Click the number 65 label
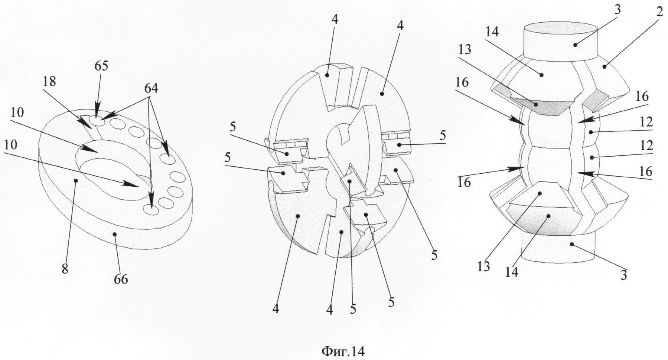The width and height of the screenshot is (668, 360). coord(101,66)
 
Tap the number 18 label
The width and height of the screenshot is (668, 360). coord(49,81)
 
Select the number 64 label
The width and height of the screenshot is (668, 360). coord(151,88)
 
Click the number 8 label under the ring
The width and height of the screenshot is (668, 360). coord(65,269)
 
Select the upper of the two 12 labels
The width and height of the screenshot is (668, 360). coord(646,122)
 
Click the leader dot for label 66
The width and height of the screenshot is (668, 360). coord(115,234)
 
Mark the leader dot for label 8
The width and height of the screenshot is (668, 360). coord(76,180)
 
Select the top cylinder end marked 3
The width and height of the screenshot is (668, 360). coord(560,41)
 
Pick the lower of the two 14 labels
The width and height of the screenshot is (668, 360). coord(511,272)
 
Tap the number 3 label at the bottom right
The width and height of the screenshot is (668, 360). coord(624,275)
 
